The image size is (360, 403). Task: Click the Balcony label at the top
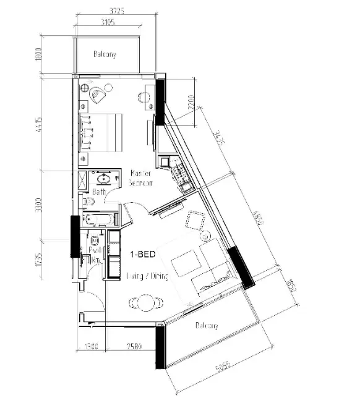(x=105, y=55)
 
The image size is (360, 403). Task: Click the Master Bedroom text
(x=140, y=179)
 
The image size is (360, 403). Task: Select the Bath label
(x=99, y=192)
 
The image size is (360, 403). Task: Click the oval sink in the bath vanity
(x=103, y=180)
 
